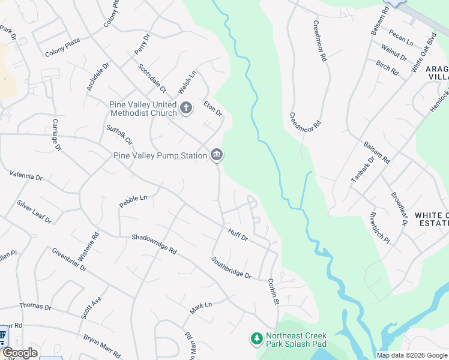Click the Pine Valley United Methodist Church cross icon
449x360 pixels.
(186, 108)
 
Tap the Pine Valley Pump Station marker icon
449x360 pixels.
(216, 155)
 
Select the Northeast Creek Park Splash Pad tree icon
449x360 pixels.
(257, 340)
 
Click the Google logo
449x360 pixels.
(19, 353)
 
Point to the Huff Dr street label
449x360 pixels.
(238, 235)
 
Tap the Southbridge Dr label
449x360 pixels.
(231, 268)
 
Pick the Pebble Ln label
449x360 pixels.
(133, 201)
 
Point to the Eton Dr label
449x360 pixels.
(213, 109)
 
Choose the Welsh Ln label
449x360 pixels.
(187, 83)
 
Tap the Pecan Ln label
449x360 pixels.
(400, 37)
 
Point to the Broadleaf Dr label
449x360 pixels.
(399, 209)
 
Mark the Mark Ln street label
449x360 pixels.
(201, 308)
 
